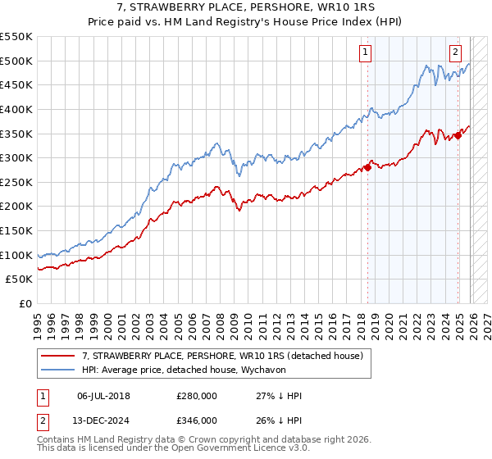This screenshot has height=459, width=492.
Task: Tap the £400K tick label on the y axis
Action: tap(16, 109)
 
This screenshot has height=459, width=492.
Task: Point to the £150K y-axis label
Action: tap(16, 230)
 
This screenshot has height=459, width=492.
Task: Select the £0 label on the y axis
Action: tap(26, 303)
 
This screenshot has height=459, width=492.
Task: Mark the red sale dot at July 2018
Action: tap(367, 167)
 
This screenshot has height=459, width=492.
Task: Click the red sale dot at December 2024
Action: tap(458, 135)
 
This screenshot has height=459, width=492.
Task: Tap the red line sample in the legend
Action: tap(58, 355)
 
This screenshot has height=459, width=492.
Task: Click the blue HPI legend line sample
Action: tap(58, 369)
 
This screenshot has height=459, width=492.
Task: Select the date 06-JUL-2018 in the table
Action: tap(104, 396)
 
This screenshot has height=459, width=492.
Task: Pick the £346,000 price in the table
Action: tap(197, 421)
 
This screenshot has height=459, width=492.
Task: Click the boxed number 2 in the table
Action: tap(43, 421)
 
